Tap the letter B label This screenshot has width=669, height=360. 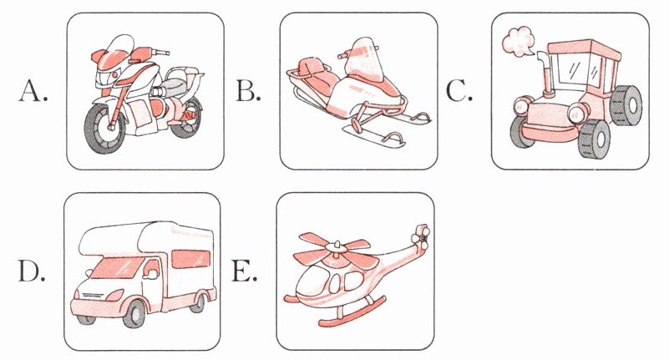click(x=248, y=91)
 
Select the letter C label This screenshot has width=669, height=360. click(x=459, y=91)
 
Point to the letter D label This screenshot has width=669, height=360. click(x=31, y=271)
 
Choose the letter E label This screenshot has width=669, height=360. click(x=244, y=271)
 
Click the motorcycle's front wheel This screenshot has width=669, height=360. click(x=104, y=129)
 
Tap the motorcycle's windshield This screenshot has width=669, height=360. click(x=117, y=46)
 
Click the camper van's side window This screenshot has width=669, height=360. click(x=190, y=259)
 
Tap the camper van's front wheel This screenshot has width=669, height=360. click(x=135, y=313)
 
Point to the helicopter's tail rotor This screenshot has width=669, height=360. click(x=420, y=237)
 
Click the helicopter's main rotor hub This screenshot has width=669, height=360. click(x=336, y=247)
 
